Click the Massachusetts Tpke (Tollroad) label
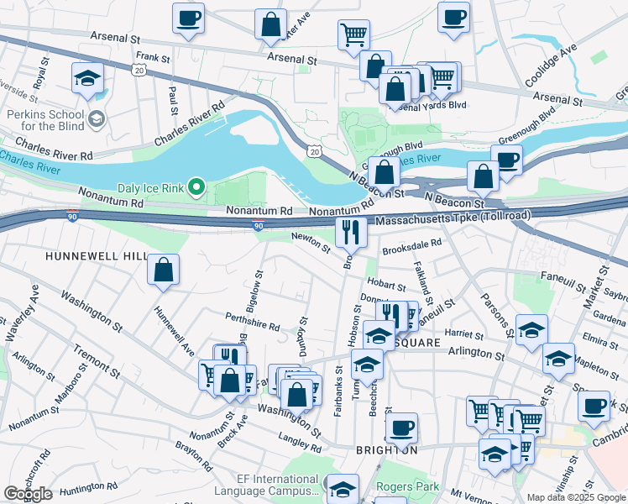[453, 218]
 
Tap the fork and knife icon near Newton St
[351, 231]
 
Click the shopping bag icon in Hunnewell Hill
[164, 270]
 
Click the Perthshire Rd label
[253, 322]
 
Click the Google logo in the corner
[28, 494]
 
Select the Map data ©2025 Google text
[576, 497]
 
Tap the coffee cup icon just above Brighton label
[400, 427]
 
